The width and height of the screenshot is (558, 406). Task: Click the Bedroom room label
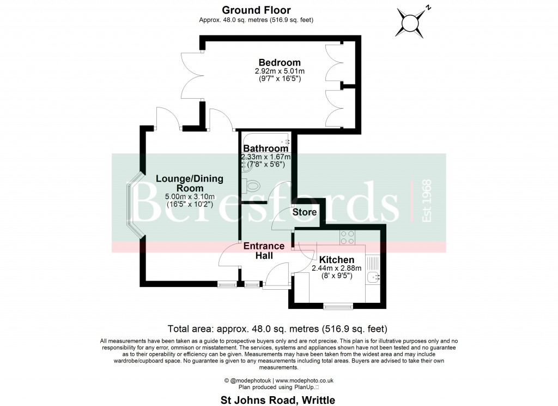[x=280, y=62]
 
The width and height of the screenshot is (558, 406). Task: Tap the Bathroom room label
[x=265, y=148]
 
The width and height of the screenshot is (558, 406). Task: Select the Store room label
[x=304, y=212]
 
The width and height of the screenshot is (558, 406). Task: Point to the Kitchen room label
[x=336, y=260]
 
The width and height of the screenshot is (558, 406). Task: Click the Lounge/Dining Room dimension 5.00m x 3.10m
[x=190, y=197]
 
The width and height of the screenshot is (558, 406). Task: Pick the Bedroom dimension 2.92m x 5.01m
[x=280, y=71]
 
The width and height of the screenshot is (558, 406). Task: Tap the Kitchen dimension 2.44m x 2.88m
[x=336, y=268]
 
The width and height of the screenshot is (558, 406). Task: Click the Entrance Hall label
[x=264, y=250]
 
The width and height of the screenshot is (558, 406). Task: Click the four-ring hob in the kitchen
[x=347, y=238]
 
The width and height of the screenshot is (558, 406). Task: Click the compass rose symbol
[x=412, y=22]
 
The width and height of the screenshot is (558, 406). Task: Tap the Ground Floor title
[x=256, y=10]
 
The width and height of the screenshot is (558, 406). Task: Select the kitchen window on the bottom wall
[x=338, y=306]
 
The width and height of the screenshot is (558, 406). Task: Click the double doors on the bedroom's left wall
[x=192, y=76]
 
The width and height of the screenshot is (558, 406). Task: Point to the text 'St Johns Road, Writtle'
[x=277, y=400]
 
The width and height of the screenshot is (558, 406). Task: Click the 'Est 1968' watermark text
[x=426, y=201]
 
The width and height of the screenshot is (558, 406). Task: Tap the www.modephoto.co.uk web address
[x=304, y=381]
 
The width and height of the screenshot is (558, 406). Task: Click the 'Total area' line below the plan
[x=277, y=329]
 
